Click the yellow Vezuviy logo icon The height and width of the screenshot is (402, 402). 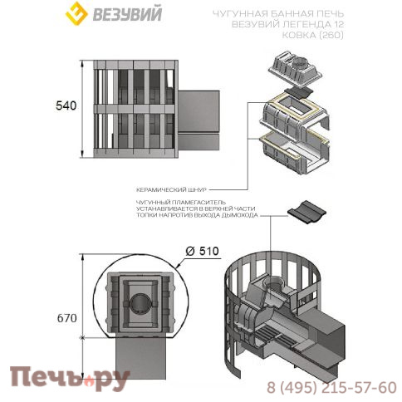[x=77, y=14]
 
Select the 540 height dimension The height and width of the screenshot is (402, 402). [x=66, y=106]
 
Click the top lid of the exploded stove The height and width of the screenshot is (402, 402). [x=297, y=64]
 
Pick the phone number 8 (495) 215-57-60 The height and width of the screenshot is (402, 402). [x=331, y=387]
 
